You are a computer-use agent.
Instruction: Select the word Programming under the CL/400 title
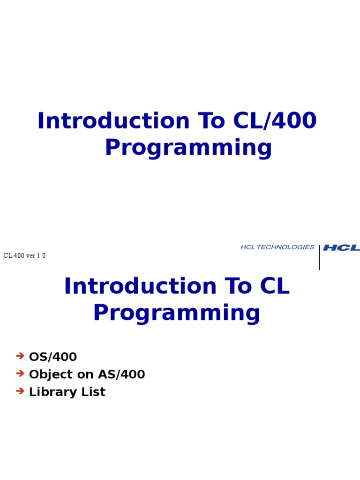pyautogui.click(x=188, y=148)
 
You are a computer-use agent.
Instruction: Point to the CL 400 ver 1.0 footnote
pyautogui.click(x=24, y=255)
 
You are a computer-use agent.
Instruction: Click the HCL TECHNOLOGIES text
pyautogui.click(x=277, y=247)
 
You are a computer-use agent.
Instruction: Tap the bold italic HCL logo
pyautogui.click(x=341, y=247)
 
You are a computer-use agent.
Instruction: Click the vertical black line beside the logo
pyautogui.click(x=319, y=257)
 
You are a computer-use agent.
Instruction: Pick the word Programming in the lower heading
pyautogui.click(x=176, y=313)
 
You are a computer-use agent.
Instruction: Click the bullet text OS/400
pyautogui.click(x=53, y=357)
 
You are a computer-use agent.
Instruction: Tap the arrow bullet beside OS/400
pyautogui.click(x=20, y=356)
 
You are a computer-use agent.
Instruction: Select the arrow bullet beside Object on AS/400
pyautogui.click(x=20, y=374)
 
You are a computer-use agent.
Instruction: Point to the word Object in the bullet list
pyautogui.click(x=49, y=375)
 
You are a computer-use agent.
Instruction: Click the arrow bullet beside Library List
pyautogui.click(x=20, y=391)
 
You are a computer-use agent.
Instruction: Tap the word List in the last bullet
pyautogui.click(x=93, y=392)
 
